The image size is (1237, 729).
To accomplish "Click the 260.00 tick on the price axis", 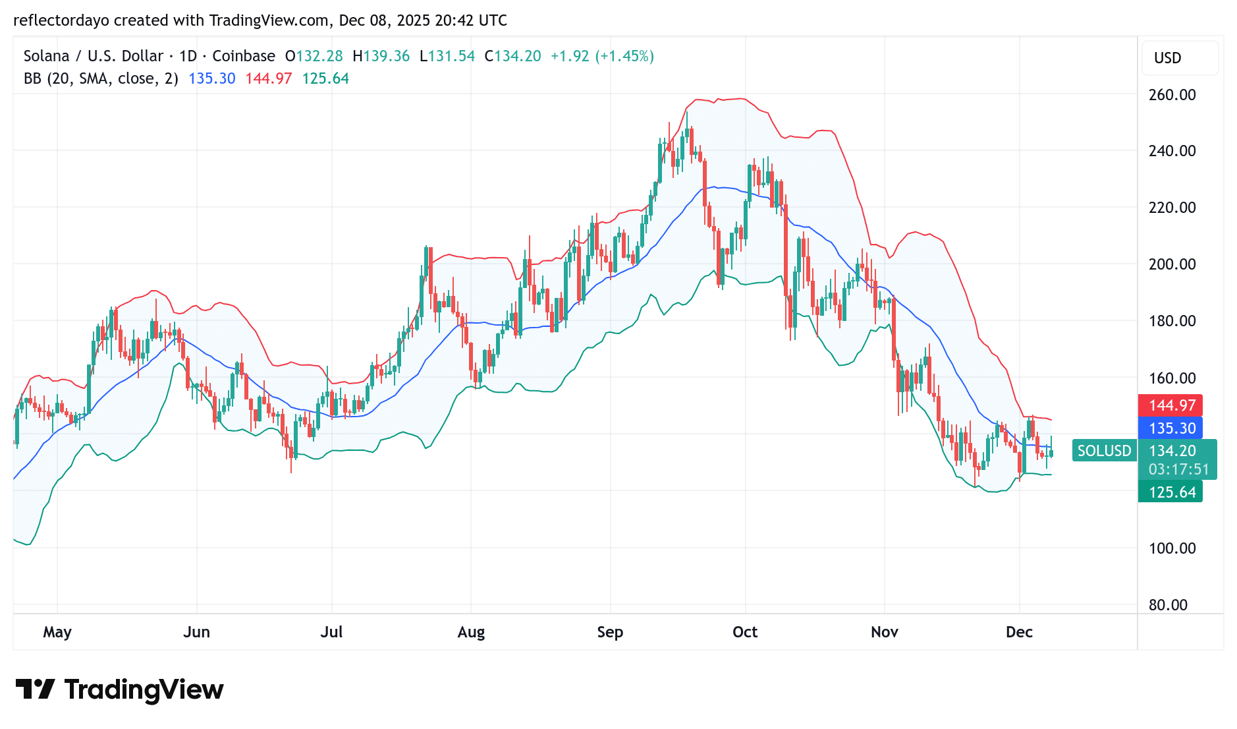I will (x=1172, y=95).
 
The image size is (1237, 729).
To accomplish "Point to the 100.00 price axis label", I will (x=1172, y=548).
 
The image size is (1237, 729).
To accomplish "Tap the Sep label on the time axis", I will (x=610, y=632).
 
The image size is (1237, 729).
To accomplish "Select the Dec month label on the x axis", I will (x=1019, y=632).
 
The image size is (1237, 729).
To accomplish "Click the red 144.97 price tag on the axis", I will (x=1170, y=405).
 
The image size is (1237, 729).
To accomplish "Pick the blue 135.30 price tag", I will (x=1170, y=428).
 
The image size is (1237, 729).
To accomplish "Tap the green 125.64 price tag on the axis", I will (x=1170, y=492).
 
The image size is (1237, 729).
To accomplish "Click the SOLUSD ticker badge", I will (x=1104, y=451).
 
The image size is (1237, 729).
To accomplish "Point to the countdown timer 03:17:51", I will (x=1178, y=469).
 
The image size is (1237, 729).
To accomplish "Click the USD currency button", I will (x=1168, y=58).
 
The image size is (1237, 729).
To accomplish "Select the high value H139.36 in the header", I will (x=381, y=56).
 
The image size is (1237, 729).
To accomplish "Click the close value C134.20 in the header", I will (x=513, y=56).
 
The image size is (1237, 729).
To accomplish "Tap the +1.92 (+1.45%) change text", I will (x=602, y=56).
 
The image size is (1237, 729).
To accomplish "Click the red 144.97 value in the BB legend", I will (x=269, y=78).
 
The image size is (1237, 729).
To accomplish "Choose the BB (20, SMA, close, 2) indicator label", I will (x=101, y=78).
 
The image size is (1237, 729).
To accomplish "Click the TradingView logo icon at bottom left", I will (x=35, y=689).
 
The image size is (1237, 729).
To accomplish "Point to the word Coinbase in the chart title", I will (x=244, y=56).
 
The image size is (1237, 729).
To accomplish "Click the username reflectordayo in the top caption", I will (x=62, y=20).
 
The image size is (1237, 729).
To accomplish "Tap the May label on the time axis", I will (x=57, y=632).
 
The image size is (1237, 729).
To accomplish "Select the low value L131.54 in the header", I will (x=447, y=56).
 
